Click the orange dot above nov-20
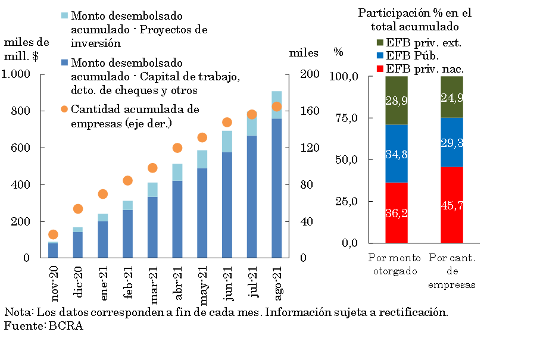click(53, 234)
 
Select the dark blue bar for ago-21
click(276, 188)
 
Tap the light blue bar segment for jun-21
click(227, 142)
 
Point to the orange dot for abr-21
click(177, 148)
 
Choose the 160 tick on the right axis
click(305, 111)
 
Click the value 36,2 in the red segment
click(396, 213)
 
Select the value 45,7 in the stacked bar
click(452, 205)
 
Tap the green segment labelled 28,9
click(396, 101)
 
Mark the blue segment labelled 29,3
click(452, 142)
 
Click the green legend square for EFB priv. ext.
click(380, 43)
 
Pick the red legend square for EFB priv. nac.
click(380, 69)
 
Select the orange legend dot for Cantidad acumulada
click(64, 109)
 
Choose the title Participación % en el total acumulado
click(415, 20)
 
